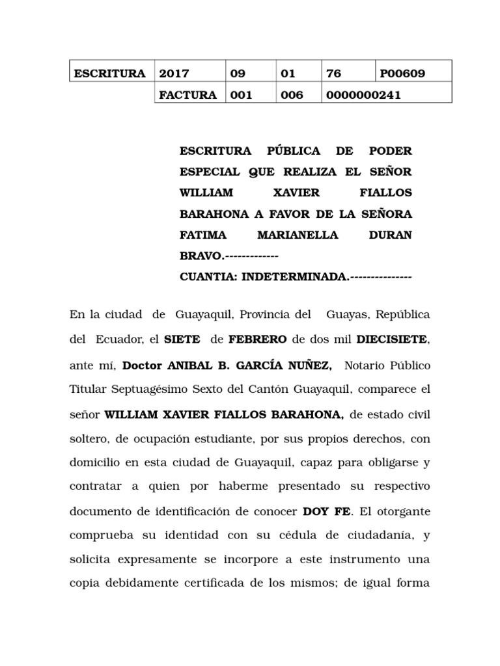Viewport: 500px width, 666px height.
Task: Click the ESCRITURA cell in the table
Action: [x=109, y=73]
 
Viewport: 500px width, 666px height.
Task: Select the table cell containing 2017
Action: [x=174, y=73]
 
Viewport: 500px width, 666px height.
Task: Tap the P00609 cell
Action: [x=403, y=73]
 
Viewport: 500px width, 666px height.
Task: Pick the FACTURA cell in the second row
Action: [x=188, y=95]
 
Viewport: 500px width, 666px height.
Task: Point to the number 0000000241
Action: [x=365, y=95]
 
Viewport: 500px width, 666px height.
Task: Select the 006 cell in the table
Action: [x=292, y=95]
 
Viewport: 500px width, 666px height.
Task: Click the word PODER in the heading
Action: [x=391, y=151]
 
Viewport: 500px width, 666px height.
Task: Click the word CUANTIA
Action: [x=208, y=276]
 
